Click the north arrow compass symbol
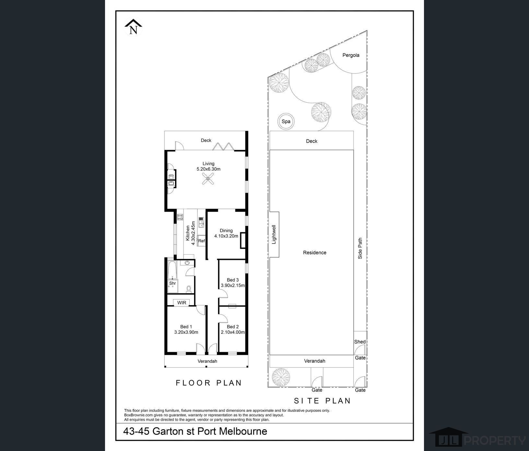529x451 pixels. pyautogui.click(x=133, y=27)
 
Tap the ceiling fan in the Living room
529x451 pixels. pyautogui.click(x=208, y=179)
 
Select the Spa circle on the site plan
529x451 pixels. pyautogui.click(x=286, y=121)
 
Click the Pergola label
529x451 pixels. pyautogui.click(x=351, y=55)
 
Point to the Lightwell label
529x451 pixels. pyautogui.click(x=274, y=234)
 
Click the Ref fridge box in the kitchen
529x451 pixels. pyautogui.click(x=201, y=241)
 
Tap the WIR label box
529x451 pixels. pyautogui.click(x=182, y=303)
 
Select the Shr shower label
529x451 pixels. pyautogui.click(x=172, y=283)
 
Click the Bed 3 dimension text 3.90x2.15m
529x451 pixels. pyautogui.click(x=233, y=285)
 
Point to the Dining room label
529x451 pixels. pyautogui.click(x=226, y=231)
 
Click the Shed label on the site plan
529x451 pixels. pyautogui.click(x=360, y=341)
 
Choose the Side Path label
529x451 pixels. pyautogui.click(x=360, y=249)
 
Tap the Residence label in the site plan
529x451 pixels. pyautogui.click(x=315, y=252)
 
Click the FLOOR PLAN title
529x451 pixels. pyautogui.click(x=209, y=383)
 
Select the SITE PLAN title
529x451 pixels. pyautogui.click(x=322, y=401)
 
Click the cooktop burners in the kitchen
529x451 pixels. pyautogui.click(x=180, y=216)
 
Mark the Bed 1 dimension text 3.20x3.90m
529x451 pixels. pyautogui.click(x=186, y=332)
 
